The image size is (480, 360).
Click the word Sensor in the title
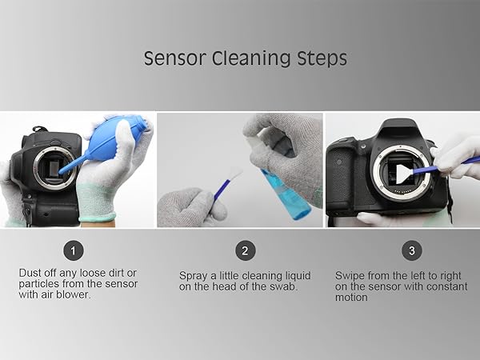(x=174, y=58)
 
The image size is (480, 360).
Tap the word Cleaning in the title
(x=251, y=58)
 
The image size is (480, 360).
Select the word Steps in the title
(x=322, y=58)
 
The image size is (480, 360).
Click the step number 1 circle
(x=73, y=250)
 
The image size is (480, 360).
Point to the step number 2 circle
(x=245, y=250)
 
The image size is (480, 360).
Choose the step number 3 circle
(x=412, y=250)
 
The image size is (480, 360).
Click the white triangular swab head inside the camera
(x=402, y=174)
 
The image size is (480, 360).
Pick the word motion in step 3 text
(x=351, y=298)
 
